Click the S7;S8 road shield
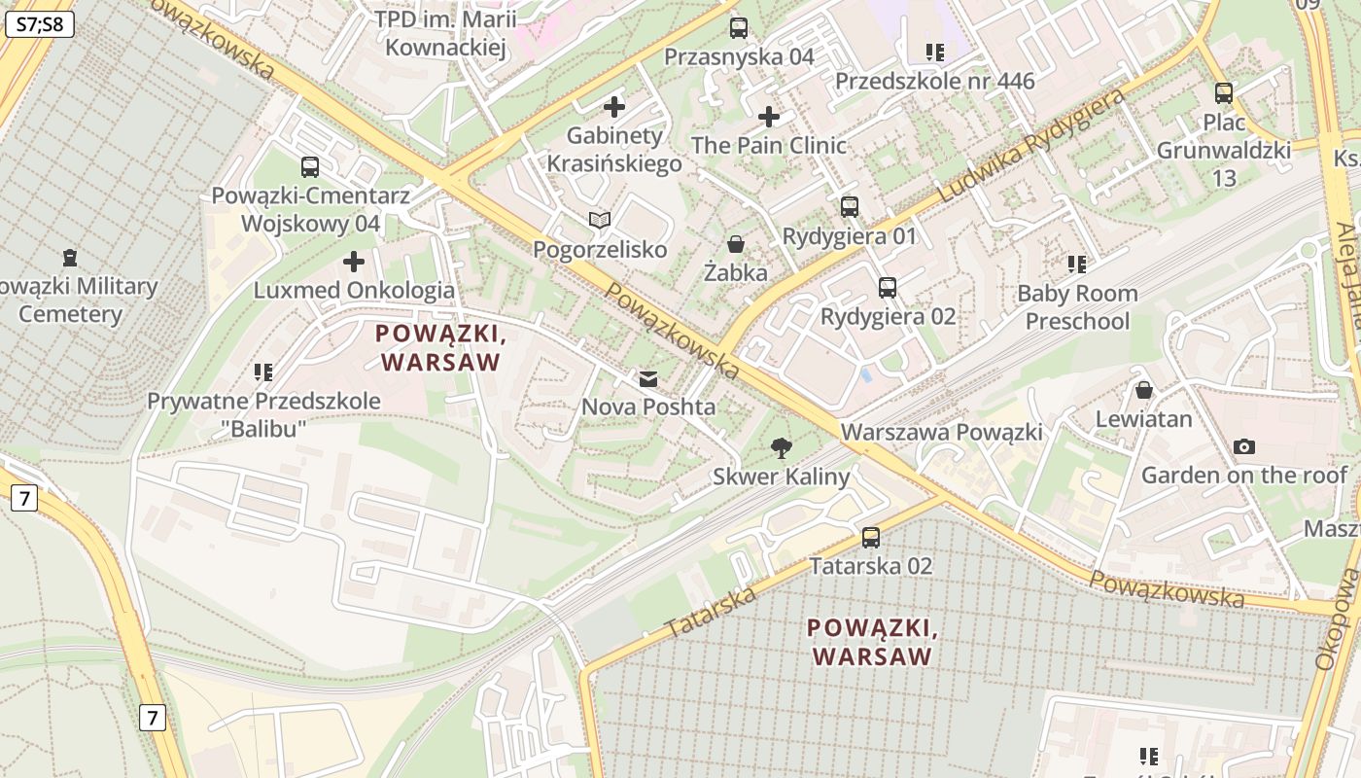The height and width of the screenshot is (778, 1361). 40,24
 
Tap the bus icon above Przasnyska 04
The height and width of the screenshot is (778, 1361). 739,28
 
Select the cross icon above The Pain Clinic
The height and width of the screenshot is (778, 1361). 769,117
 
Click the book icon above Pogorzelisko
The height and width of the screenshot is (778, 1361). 600,221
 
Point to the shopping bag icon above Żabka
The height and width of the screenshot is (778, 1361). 736,243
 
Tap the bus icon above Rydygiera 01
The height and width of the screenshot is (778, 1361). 850,206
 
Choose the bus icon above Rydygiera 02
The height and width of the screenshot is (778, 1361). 888,287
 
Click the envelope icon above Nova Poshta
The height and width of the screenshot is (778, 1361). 648,378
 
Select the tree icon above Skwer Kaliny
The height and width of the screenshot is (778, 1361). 781,447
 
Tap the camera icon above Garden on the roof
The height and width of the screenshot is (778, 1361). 1243,446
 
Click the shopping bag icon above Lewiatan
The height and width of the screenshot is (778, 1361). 1144,390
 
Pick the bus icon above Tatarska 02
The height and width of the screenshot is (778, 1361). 871,537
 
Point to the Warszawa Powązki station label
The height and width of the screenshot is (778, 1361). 941,432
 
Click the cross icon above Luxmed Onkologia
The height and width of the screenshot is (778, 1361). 354,261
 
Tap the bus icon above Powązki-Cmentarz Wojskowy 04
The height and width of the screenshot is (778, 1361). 310,166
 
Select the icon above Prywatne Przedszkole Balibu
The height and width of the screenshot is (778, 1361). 263,371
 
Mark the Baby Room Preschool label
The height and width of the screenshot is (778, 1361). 1077,307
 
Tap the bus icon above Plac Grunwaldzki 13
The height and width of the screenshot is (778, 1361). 1224,93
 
